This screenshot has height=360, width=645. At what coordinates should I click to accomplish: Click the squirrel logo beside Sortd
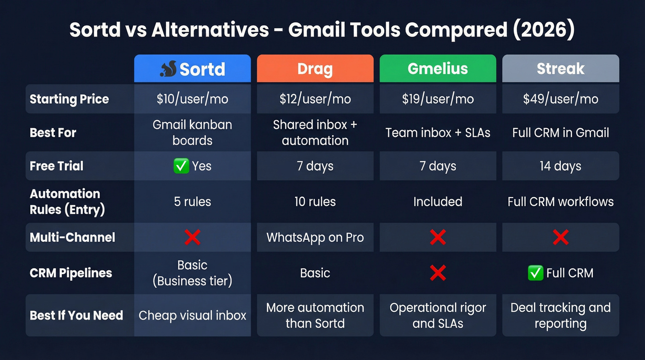pos(168,69)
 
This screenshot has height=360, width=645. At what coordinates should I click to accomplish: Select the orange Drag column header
pos(315,69)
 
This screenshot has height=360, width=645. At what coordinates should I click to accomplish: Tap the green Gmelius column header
pos(438,69)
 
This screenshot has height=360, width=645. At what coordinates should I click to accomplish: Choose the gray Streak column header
pos(560,69)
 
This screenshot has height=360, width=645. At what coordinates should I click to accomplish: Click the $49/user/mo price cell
pos(560,99)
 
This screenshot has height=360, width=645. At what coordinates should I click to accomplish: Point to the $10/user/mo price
pos(192,99)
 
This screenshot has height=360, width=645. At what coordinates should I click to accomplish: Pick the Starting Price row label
pos(70,99)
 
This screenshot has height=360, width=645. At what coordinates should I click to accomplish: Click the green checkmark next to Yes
pos(181,166)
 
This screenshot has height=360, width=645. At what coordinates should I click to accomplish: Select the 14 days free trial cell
pos(560,166)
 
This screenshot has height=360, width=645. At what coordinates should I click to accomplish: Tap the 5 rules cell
pos(192,201)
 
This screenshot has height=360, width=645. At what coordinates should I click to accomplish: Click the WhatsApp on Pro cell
pos(315,237)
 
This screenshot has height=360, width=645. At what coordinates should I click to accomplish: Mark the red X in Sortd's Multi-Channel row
pos(192,237)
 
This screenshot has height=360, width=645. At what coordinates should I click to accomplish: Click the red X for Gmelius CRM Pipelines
pos(438,273)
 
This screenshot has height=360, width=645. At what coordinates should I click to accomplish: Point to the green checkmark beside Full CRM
pos(535,273)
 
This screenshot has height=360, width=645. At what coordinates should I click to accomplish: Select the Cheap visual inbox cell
pos(192,315)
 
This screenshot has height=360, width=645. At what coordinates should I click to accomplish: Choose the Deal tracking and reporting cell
pos(560,315)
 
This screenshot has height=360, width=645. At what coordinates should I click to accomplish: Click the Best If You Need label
pos(76,315)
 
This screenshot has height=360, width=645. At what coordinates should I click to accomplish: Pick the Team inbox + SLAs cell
pos(438,133)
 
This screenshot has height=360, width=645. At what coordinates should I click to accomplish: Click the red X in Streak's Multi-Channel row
pos(560,237)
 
